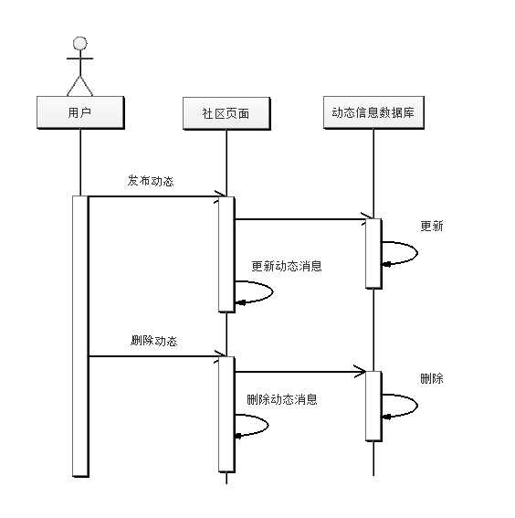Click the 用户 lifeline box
pyautogui.click(x=80, y=112)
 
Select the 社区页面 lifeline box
pyautogui.click(x=226, y=112)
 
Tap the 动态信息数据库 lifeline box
pyautogui.click(x=373, y=112)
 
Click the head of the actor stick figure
pyautogui.click(x=80, y=43)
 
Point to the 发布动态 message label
pyautogui.click(x=151, y=181)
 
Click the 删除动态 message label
pyautogui.click(x=154, y=341)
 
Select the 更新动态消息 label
pyautogui.click(x=286, y=267)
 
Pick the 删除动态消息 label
pyautogui.click(x=282, y=399)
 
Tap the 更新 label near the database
pyautogui.click(x=431, y=226)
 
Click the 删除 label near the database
pyautogui.click(x=431, y=378)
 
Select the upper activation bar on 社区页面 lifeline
pyautogui.click(x=226, y=253)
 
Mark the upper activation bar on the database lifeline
pyautogui.click(x=373, y=253)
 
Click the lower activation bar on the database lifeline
pyautogui.click(x=373, y=406)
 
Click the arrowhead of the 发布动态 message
pyautogui.click(x=220, y=195)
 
